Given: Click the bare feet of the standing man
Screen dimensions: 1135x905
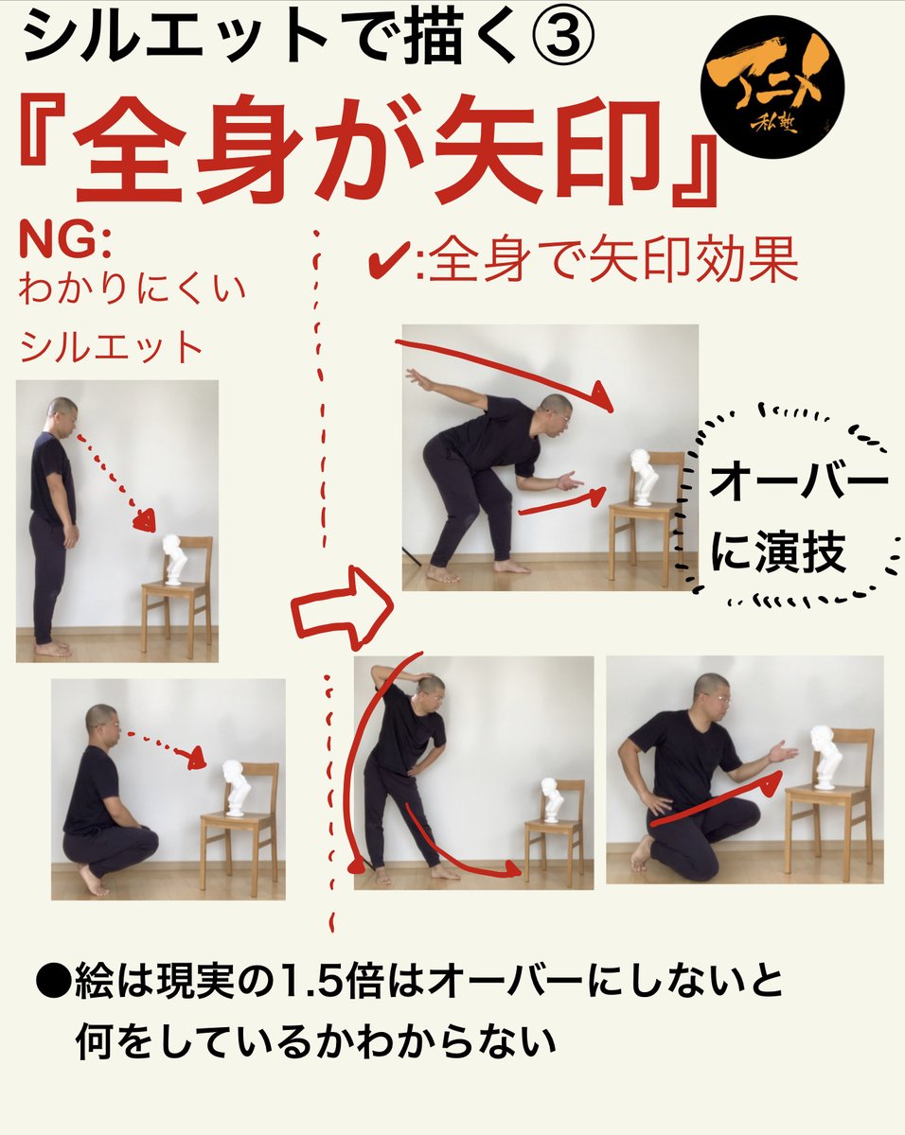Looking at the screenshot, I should coord(53,648).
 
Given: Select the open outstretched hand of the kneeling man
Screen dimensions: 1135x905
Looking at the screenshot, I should coord(783,752).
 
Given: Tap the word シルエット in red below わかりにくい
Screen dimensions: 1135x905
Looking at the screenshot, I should coord(112,348).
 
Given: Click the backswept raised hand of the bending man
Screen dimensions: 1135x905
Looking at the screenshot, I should coord(414,378).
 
